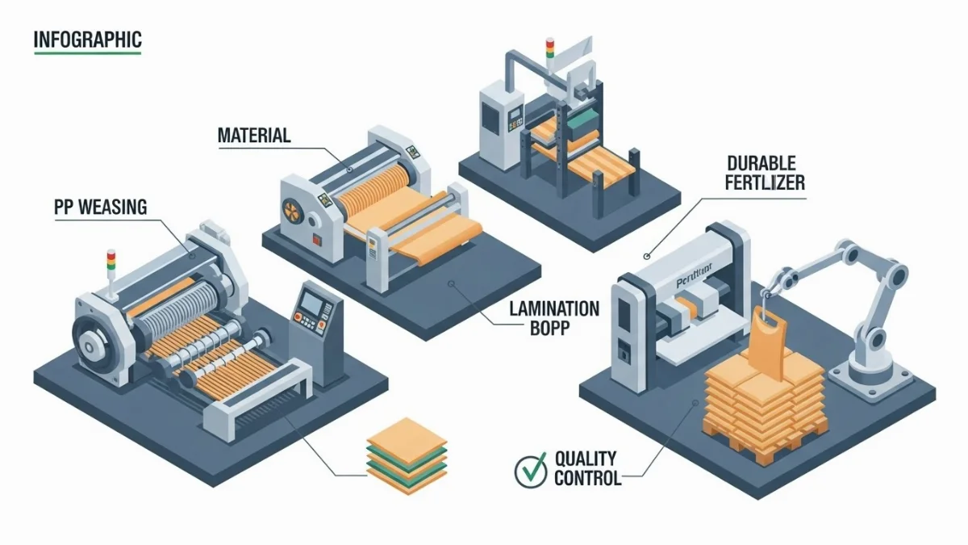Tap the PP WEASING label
101,208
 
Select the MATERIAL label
254,135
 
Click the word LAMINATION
554,308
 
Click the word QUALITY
586,459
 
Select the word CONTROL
587,478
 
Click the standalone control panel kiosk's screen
311,304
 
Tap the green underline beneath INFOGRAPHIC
87,53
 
